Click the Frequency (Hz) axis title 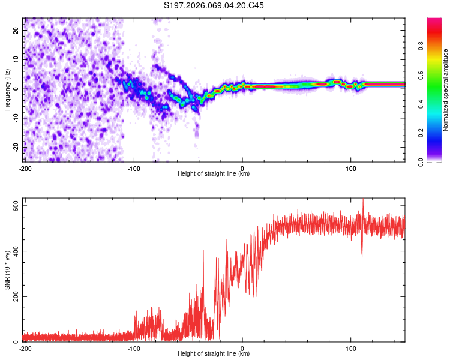point(8,89)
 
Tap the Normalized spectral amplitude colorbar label point(446,90)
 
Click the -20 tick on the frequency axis point(16,146)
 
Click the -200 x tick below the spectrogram point(25,168)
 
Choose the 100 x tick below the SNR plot point(351,349)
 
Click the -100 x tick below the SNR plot point(134,349)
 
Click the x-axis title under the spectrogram point(214,174)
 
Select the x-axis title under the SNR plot point(214,354)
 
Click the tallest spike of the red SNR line point(362,200)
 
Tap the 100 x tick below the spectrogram point(351,168)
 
